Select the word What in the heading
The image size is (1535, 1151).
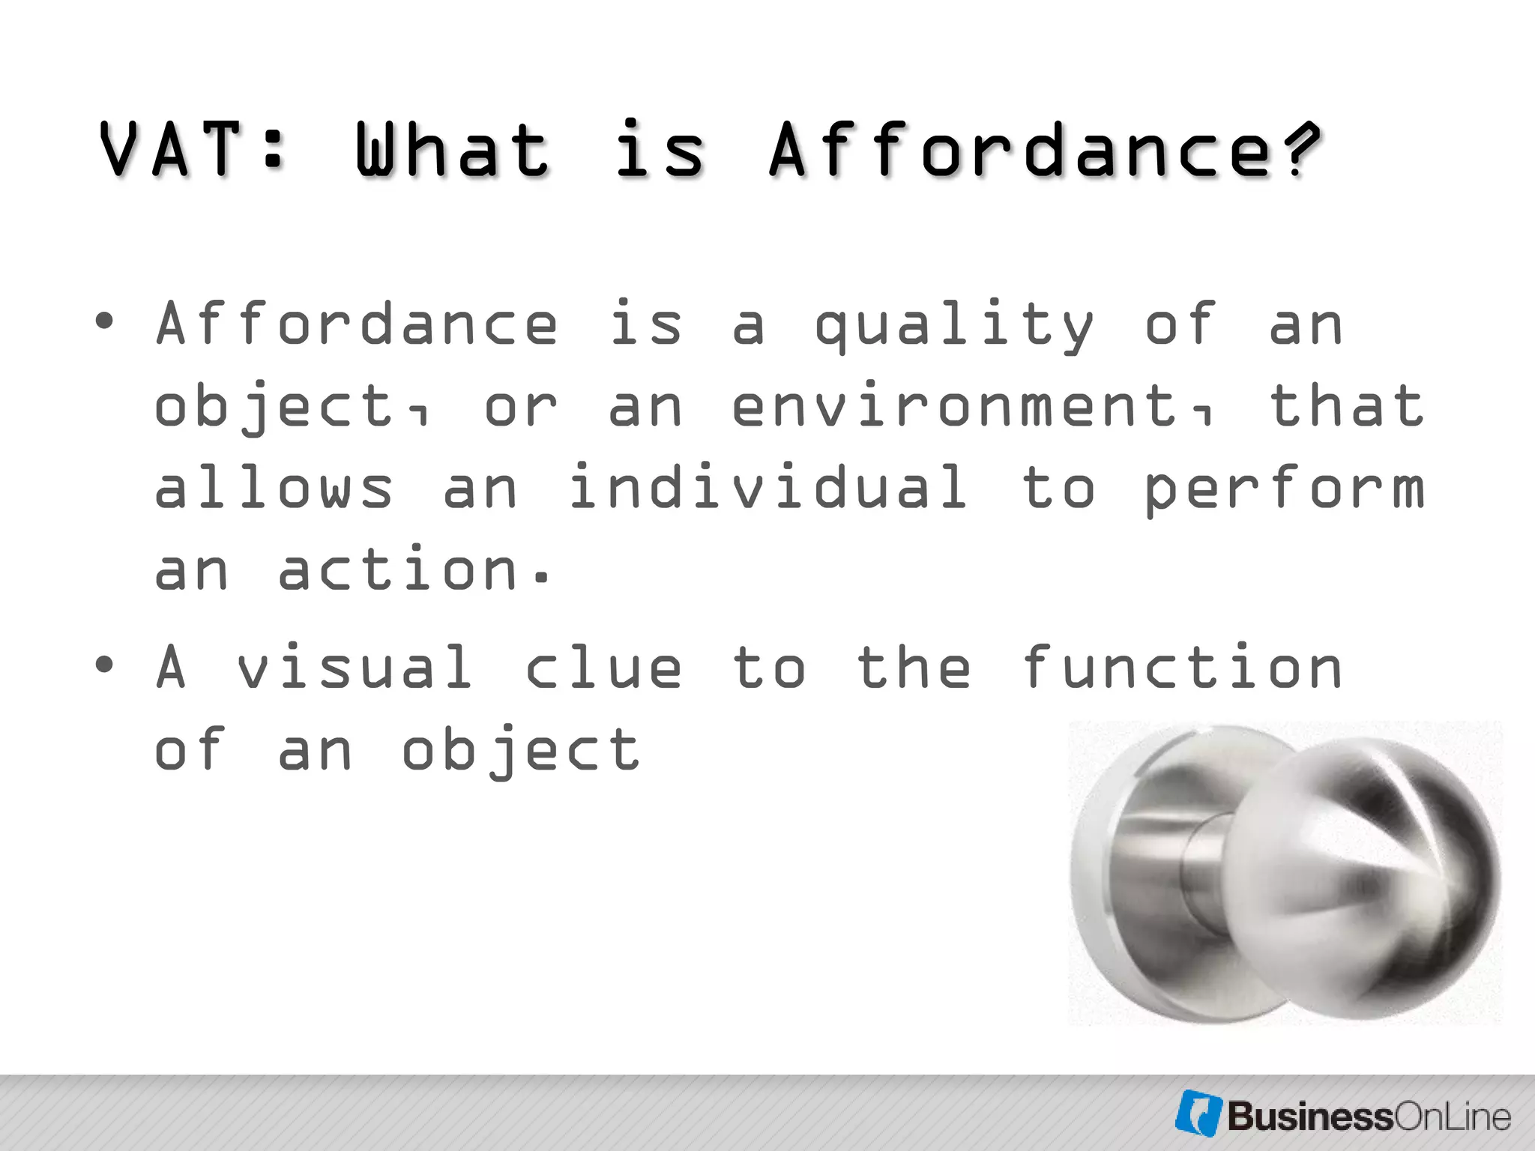click(452, 150)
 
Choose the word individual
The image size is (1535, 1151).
click(768, 488)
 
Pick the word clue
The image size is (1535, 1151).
click(603, 667)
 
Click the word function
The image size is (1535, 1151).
click(1182, 667)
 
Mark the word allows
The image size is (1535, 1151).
click(273, 488)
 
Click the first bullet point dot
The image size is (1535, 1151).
click(104, 322)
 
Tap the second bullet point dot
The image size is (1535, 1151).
click(104, 664)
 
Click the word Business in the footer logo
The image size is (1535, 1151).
click(1309, 1117)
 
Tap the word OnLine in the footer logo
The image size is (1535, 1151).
click(1452, 1117)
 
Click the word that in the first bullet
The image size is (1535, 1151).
click(1347, 407)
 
